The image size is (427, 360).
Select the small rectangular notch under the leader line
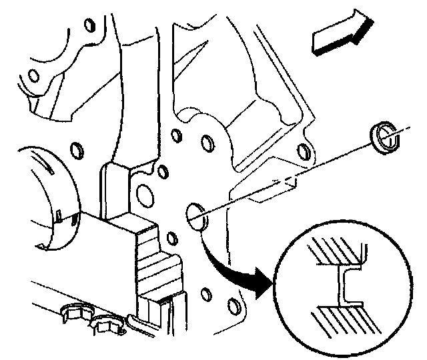(x=288, y=181)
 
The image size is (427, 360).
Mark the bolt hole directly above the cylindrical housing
(x=75, y=146)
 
